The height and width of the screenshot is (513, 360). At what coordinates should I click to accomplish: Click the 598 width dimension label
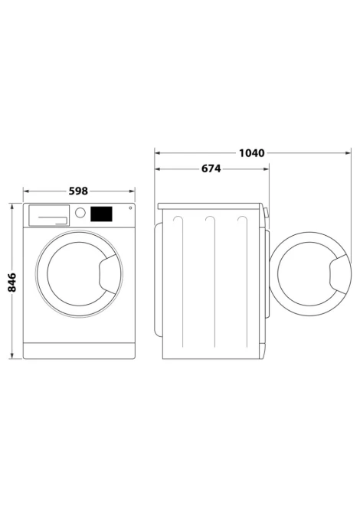click(x=78, y=191)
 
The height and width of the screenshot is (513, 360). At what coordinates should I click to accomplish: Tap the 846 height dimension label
click(x=11, y=282)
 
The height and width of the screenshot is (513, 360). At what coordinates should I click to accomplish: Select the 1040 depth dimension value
click(x=251, y=153)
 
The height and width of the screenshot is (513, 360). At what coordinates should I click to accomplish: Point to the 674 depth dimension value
click(x=211, y=168)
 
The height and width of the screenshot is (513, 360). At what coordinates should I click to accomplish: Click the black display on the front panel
click(x=101, y=214)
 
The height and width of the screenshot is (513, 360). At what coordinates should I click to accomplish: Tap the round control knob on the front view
click(x=80, y=213)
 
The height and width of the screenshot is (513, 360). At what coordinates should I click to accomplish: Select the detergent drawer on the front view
click(x=49, y=215)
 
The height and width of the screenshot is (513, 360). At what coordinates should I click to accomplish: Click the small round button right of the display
click(x=130, y=207)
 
